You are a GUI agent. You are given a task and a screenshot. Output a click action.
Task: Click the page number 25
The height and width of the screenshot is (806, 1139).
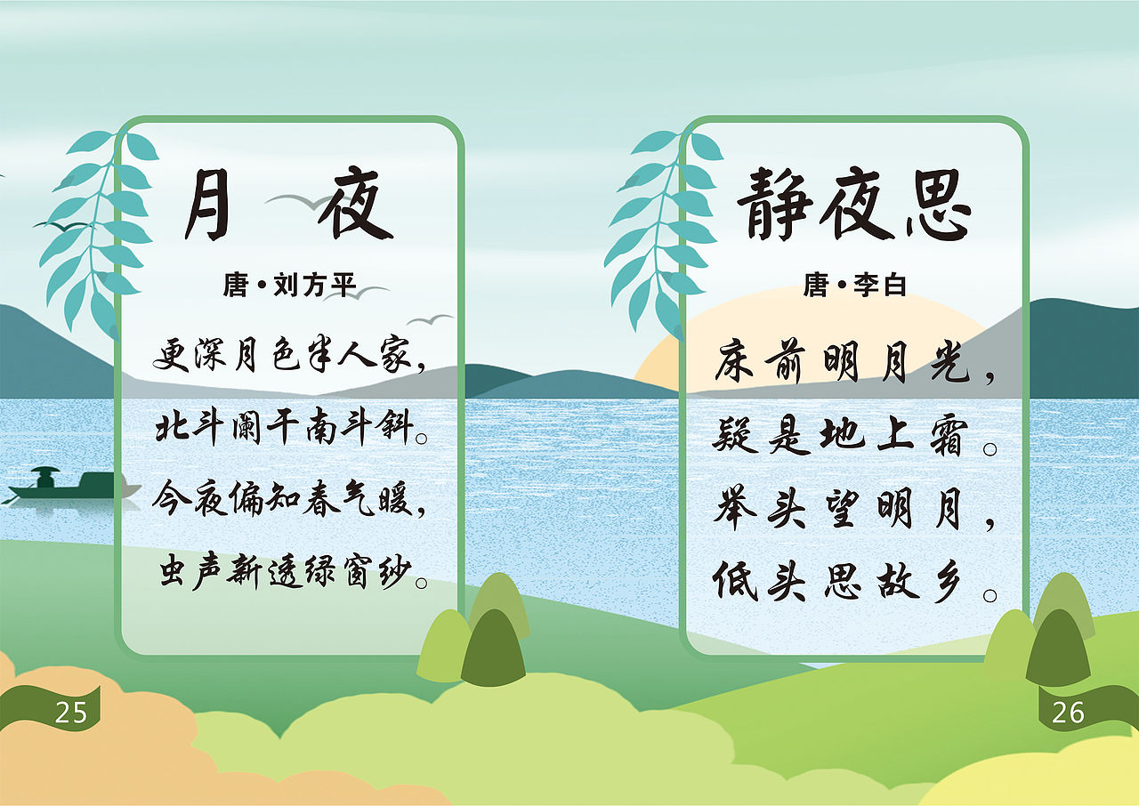(x=71, y=713)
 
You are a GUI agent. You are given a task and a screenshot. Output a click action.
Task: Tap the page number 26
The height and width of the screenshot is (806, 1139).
(x=1068, y=713)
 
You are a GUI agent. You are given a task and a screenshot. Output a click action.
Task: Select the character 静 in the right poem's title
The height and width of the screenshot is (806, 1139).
(x=774, y=206)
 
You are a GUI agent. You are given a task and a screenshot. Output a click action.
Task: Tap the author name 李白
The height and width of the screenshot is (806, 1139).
(x=879, y=286)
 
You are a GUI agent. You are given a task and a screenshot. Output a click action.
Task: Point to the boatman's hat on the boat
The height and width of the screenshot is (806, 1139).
(x=44, y=471)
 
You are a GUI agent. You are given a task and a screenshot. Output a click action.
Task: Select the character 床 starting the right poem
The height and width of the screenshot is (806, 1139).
(x=735, y=361)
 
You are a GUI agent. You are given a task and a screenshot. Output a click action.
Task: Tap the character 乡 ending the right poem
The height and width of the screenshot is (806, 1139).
(x=947, y=582)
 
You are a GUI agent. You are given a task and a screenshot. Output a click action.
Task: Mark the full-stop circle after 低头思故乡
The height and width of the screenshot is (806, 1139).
(x=990, y=594)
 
